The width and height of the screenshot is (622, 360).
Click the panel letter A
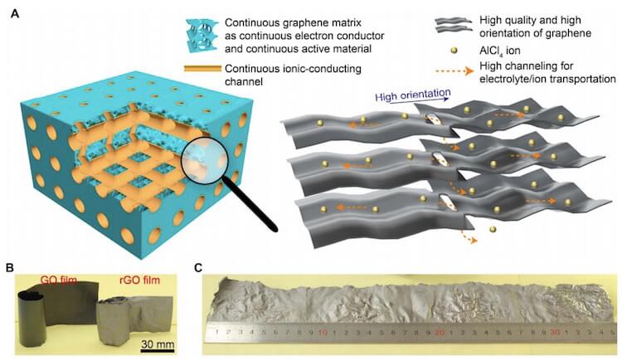pos(15,14)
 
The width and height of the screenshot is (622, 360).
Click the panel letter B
pos(10,268)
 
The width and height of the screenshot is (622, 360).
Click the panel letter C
pos(199,268)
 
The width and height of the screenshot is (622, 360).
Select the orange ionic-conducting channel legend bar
pos(202,69)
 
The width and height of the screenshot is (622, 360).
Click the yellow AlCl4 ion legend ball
pos(455,51)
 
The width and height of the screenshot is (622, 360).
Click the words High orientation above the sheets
pos(412,95)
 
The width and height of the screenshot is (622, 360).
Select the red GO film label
pos(58,280)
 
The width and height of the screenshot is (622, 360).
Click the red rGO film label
pos(139,280)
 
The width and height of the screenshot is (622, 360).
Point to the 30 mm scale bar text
pos(158,344)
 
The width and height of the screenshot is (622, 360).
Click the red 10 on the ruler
pos(322,332)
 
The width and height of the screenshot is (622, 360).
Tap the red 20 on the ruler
pos(440,333)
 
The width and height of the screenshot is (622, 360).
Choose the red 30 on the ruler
pos(555,332)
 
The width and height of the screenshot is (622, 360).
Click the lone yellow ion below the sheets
pos(493,230)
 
